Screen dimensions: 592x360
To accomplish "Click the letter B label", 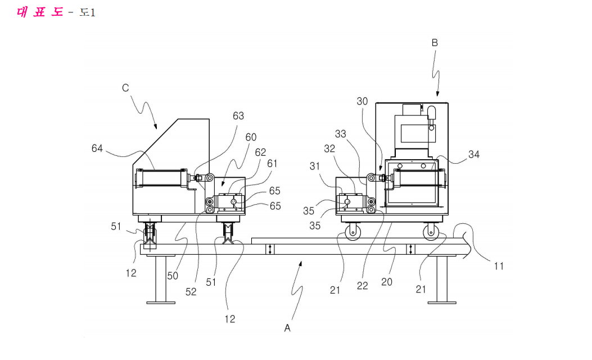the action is pyautogui.click(x=435, y=43).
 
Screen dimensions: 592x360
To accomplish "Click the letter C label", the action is pyautogui.click(x=125, y=88).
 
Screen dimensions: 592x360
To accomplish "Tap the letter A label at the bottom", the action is pyautogui.click(x=287, y=328).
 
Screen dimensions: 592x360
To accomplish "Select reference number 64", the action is pyautogui.click(x=97, y=148).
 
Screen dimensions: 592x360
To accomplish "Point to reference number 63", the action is pyautogui.click(x=238, y=116).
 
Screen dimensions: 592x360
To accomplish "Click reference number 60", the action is pyautogui.click(x=251, y=137).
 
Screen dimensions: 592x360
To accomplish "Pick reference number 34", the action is pyautogui.click(x=474, y=155).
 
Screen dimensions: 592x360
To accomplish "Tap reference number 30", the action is pyautogui.click(x=362, y=101).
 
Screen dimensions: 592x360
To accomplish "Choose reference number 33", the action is pyautogui.click(x=341, y=134).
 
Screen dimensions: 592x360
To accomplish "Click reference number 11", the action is pyautogui.click(x=499, y=266).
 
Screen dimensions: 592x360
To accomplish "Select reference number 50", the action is pyautogui.click(x=173, y=276).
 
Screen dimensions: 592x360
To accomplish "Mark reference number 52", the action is pyautogui.click(x=191, y=291).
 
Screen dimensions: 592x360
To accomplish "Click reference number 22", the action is pyautogui.click(x=363, y=286).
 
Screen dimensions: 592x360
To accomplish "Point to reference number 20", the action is pyautogui.click(x=387, y=282).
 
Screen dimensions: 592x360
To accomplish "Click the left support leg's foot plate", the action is pyautogui.click(x=161, y=303).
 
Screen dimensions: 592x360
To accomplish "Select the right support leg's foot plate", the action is pyautogui.click(x=442, y=303).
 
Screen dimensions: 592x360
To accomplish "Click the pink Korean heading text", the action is pyautogui.click(x=40, y=12).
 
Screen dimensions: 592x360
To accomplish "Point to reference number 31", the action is pyautogui.click(x=315, y=166).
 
